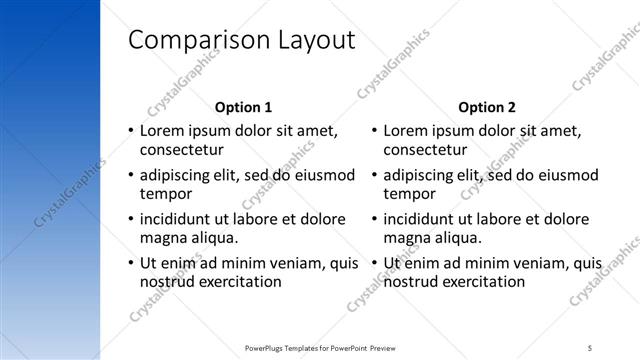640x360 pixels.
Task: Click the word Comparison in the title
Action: [x=189, y=40]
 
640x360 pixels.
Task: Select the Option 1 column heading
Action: [x=243, y=107]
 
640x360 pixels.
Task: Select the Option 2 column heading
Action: [x=487, y=107]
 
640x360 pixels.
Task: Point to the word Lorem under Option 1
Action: [x=161, y=130]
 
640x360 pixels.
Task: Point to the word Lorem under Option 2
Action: [x=405, y=130]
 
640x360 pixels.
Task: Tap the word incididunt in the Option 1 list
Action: [x=178, y=218]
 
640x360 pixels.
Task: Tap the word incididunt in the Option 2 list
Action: [x=422, y=218]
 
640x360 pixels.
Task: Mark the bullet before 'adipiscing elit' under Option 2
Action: [x=373, y=175]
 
